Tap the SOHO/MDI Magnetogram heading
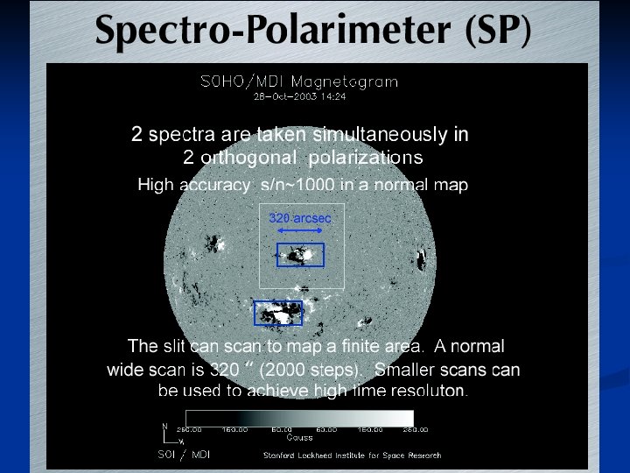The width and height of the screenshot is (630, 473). (300, 82)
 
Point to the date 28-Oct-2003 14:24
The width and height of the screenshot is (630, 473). (300, 95)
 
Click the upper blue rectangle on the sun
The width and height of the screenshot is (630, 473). (300, 254)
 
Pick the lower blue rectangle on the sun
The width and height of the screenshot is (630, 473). (277, 313)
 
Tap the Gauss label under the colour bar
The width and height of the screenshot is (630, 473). (300, 437)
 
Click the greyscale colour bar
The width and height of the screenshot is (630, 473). (300, 418)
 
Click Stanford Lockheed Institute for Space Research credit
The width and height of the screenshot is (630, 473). (352, 455)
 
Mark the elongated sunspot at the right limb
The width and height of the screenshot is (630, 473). (423, 260)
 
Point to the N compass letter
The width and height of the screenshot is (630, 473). (164, 427)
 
